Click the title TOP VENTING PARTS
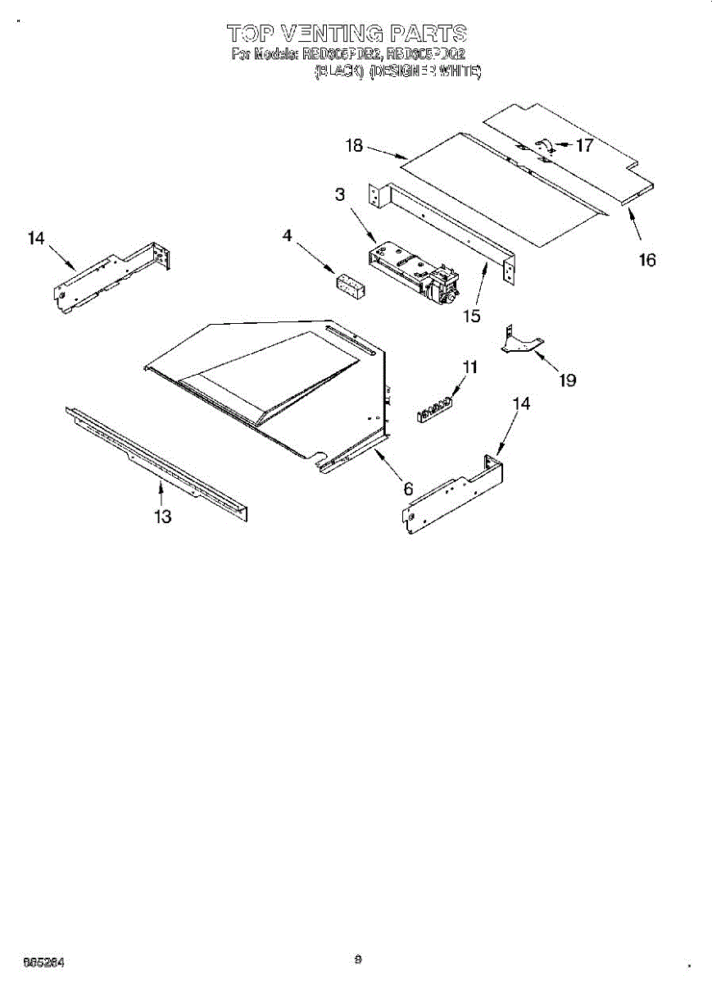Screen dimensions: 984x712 point(347,34)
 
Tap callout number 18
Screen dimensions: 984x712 point(354,146)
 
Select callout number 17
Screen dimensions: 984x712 point(584,146)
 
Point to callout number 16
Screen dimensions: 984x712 point(647,260)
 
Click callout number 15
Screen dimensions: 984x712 point(471,315)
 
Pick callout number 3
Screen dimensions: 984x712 point(339,194)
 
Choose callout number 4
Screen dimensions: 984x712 point(287,235)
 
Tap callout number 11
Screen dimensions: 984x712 point(469,368)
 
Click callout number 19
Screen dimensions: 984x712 point(567,380)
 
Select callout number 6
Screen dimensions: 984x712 point(407,489)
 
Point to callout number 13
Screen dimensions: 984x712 point(163,516)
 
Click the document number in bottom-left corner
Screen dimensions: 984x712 point(44,961)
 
